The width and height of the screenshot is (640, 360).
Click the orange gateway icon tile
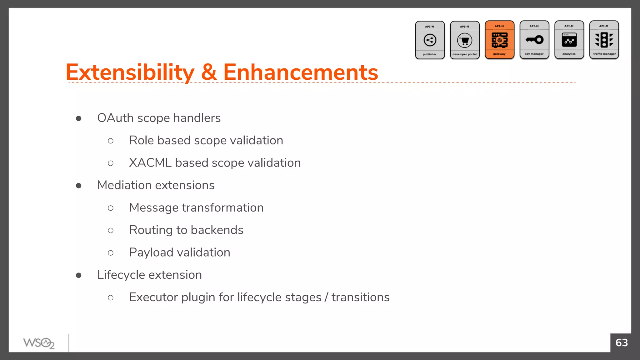[499, 40]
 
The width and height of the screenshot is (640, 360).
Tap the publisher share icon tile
[430, 40]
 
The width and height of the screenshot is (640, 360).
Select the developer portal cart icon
[465, 41]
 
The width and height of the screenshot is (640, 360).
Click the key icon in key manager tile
[534, 40]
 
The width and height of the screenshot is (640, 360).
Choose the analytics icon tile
[569, 40]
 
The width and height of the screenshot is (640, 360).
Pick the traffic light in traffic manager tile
[604, 40]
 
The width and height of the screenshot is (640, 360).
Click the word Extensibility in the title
[130, 72]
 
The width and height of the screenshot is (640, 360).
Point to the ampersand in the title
[209, 72]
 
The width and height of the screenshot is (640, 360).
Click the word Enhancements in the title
[300, 72]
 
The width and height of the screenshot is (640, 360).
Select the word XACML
[150, 163]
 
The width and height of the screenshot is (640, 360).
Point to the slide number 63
[621, 343]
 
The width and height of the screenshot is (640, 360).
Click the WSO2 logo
[39, 343]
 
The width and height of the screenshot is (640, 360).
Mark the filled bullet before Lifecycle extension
[79, 275]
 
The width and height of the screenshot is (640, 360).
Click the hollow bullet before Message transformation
[111, 208]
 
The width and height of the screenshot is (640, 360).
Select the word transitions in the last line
[360, 297]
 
